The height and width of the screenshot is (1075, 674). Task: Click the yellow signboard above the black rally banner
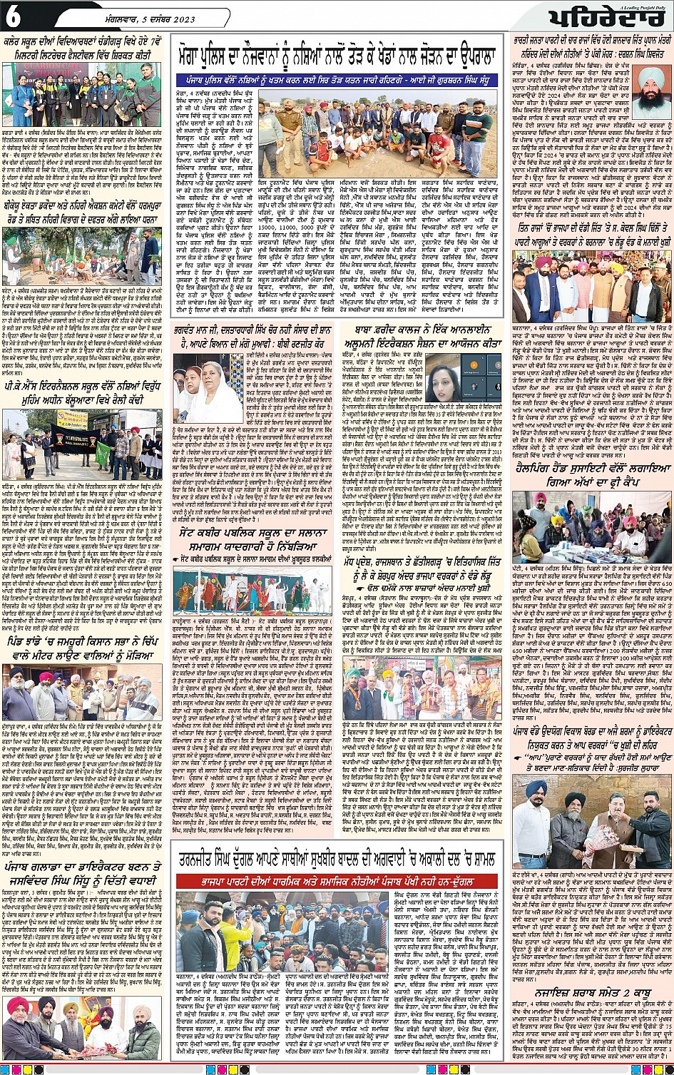pos(68,420)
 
